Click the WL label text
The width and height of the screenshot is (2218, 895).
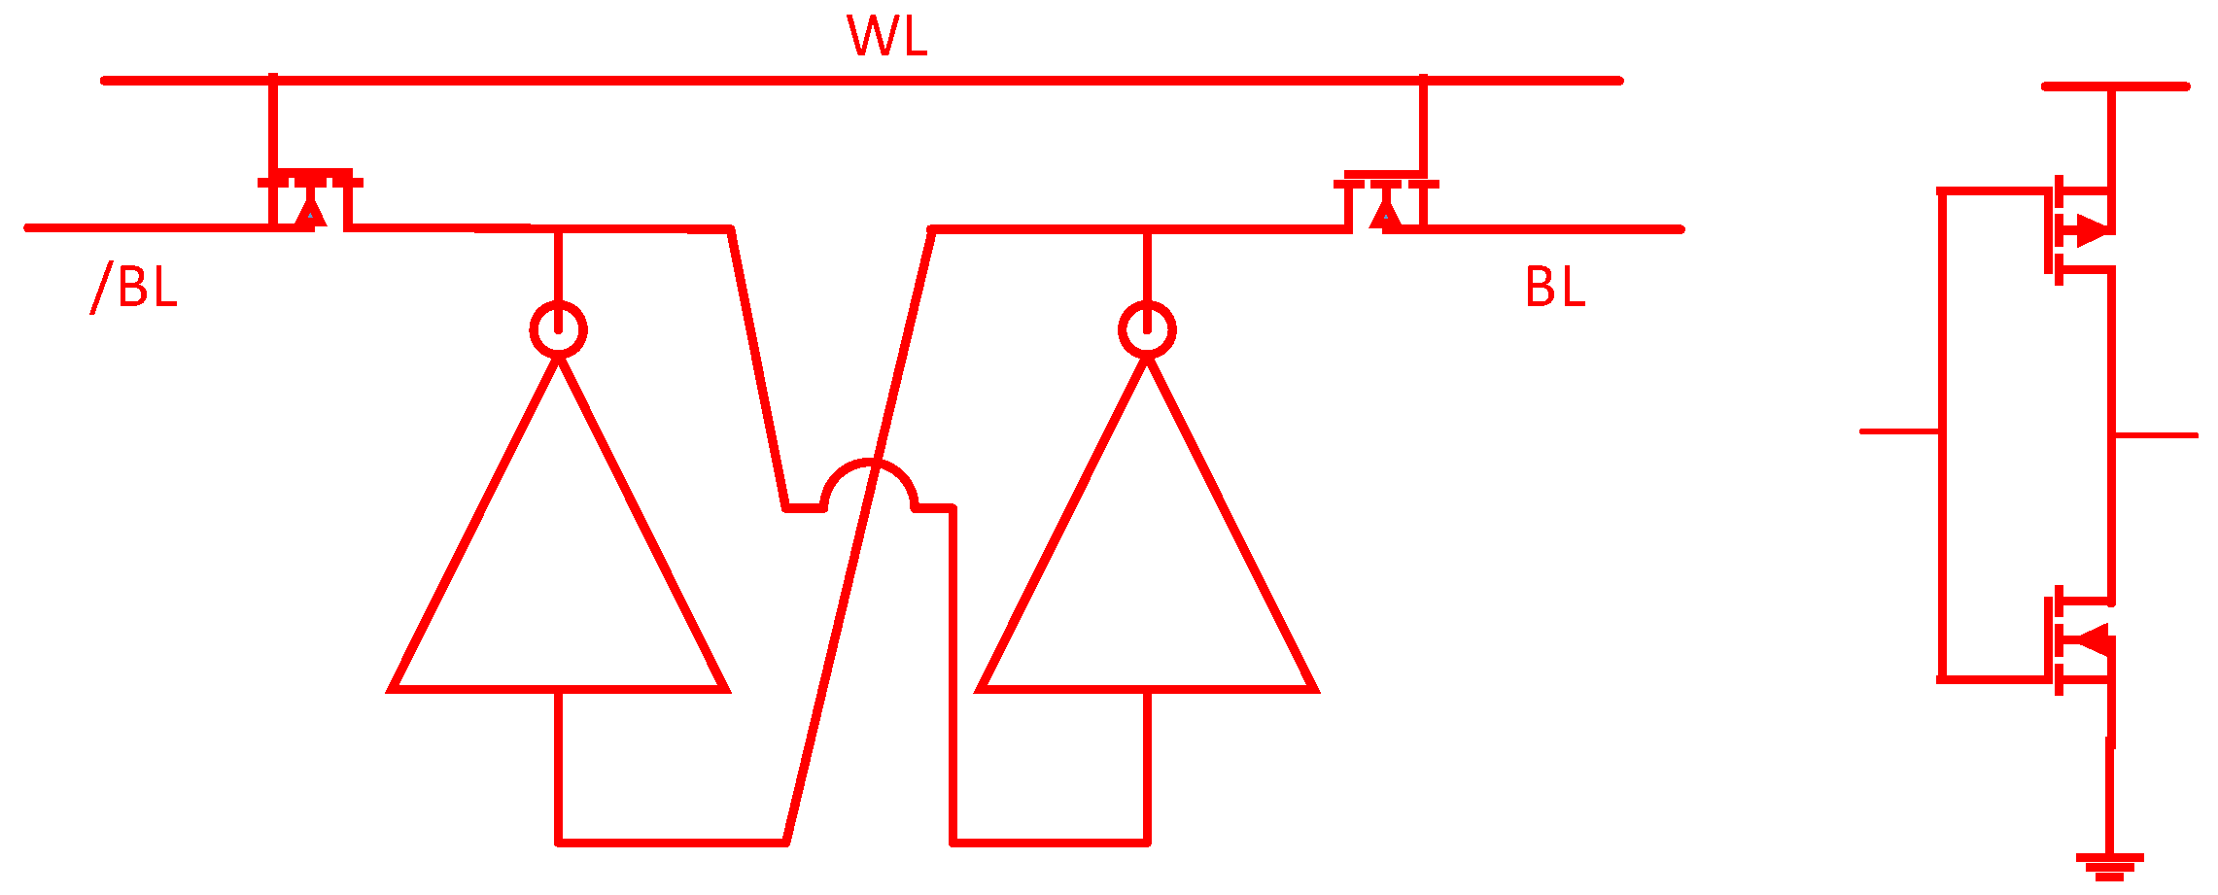coord(886,36)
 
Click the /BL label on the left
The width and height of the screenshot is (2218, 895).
coord(134,287)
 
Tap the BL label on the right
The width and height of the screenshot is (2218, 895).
coord(1555,287)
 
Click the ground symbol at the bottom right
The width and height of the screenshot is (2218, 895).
coord(2109,867)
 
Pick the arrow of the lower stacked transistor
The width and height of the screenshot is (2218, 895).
coord(2090,640)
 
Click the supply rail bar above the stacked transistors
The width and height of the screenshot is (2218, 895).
coord(2115,86)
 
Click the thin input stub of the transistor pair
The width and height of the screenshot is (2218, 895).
coord(1900,431)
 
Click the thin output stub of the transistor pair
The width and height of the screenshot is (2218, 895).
coord(2156,435)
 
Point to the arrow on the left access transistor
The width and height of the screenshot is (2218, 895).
coord(310,212)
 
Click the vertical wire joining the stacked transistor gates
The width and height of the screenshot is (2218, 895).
coord(1943,435)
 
